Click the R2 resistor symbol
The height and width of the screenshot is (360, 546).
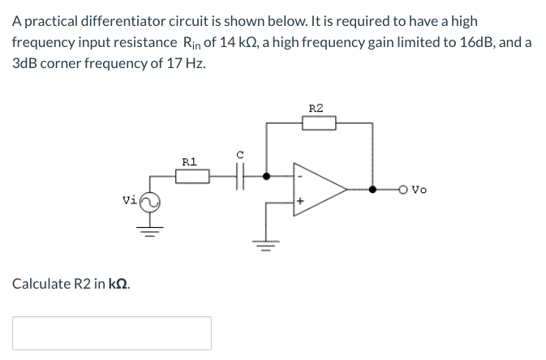(x=317, y=123)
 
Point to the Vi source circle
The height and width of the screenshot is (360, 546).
(x=149, y=201)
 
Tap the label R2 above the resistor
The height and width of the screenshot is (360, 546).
(x=316, y=108)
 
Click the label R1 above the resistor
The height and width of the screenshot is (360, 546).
(x=189, y=161)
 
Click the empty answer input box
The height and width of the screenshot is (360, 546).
(x=112, y=333)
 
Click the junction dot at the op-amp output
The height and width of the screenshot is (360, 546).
(x=373, y=190)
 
